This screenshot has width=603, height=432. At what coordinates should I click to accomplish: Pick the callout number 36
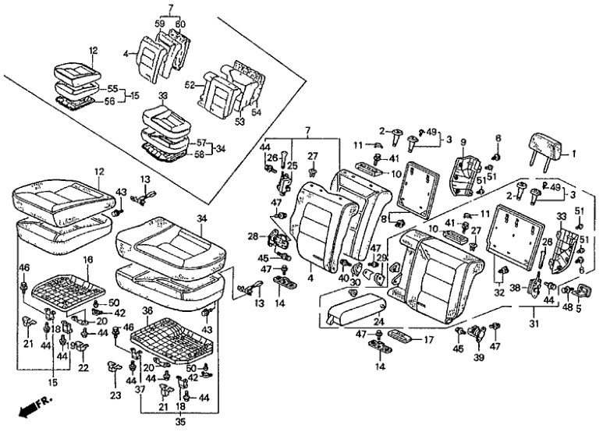click(148, 310)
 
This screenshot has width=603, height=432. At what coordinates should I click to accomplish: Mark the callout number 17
click(427, 340)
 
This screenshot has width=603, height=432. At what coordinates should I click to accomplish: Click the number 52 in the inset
click(189, 85)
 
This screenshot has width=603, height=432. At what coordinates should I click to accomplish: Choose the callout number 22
click(83, 367)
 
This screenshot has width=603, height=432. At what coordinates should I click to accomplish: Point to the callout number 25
click(293, 166)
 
